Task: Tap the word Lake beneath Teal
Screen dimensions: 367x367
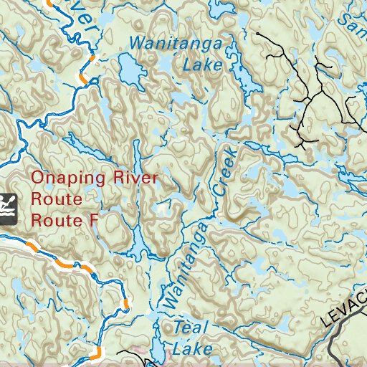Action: tap(194, 349)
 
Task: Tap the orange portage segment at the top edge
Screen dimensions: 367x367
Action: tap(49, 3)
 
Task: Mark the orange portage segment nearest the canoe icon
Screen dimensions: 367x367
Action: tap(31, 246)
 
